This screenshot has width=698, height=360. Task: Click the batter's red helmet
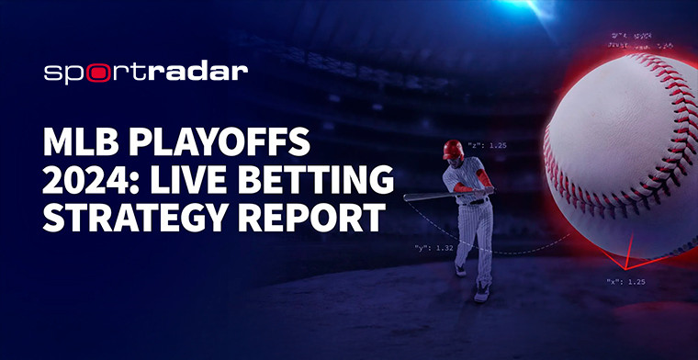tap(453, 149)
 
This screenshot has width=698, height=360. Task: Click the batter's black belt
tap(475, 201)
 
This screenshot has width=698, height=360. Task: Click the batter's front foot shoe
tap(481, 294)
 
